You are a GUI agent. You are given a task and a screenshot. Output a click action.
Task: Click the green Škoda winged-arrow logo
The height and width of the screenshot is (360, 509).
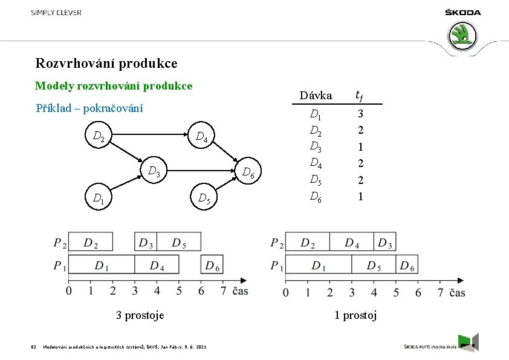(464, 35)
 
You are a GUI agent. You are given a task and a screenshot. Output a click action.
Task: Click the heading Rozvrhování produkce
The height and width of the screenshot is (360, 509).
(106, 63)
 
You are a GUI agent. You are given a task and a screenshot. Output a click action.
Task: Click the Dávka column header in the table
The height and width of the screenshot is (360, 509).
(316, 95)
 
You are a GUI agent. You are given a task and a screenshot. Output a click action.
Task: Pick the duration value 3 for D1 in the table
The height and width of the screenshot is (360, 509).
(360, 114)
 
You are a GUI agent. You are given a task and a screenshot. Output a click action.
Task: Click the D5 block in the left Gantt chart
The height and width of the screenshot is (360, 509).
(179, 243)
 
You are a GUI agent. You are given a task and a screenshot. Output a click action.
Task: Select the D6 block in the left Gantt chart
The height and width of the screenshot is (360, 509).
(212, 265)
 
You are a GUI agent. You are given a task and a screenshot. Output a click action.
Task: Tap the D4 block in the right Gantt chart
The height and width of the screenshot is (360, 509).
(352, 243)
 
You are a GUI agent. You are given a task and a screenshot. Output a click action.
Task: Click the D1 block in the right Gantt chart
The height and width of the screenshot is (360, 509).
(318, 265)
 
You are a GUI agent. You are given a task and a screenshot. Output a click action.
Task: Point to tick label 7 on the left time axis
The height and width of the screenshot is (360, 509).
(223, 291)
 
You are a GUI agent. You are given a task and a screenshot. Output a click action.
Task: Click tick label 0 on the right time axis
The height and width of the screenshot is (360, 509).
(286, 293)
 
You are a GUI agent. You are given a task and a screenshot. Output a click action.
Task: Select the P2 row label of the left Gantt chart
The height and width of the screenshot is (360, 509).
(59, 243)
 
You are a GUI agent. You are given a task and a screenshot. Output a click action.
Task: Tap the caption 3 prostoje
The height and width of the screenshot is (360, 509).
(140, 315)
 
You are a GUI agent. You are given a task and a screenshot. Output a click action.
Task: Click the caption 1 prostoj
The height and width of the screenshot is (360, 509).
(356, 315)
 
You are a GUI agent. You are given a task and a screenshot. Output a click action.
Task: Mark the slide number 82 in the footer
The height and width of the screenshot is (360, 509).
(33, 347)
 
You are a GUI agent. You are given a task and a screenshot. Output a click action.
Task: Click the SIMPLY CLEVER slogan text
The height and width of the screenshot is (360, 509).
(56, 13)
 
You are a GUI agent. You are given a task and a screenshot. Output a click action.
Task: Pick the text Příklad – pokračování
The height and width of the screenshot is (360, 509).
(89, 108)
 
